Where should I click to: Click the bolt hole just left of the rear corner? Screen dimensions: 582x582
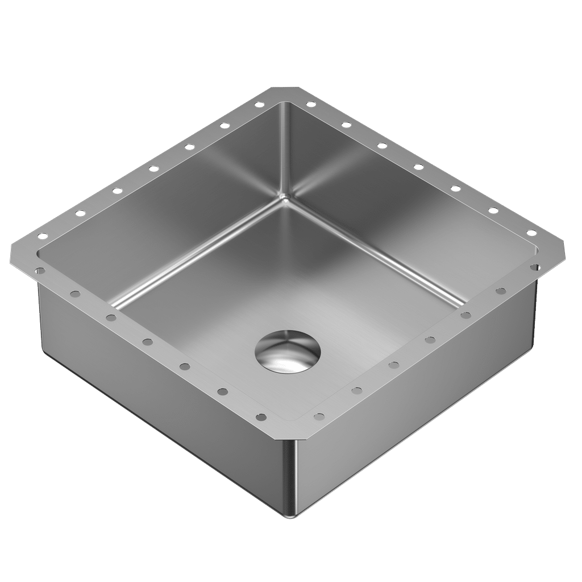click(259, 105)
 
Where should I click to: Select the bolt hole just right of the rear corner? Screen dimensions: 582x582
click(310, 104)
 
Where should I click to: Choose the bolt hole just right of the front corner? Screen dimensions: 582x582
click(319, 417)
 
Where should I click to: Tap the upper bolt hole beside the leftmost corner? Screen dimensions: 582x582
click(41, 235)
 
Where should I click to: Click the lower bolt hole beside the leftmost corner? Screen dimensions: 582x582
click(40, 271)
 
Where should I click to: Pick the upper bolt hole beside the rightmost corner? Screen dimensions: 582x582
click(531, 232)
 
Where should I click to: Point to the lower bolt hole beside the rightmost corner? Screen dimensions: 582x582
click(535, 267)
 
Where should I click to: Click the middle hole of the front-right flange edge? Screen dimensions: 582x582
click(430, 340)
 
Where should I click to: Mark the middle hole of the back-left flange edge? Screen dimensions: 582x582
click(153, 168)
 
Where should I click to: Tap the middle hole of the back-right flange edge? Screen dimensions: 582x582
click(418, 167)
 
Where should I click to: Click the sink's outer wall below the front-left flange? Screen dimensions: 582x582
click(159, 398)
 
